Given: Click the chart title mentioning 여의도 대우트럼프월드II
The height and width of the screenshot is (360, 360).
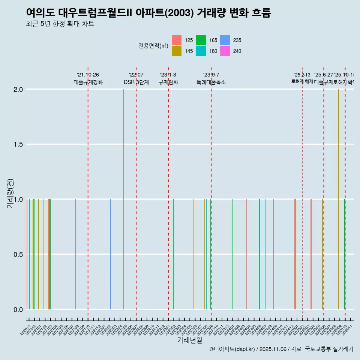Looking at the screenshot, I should tap(148, 13).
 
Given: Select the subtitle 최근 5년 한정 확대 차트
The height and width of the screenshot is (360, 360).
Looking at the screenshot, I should tap(60, 24).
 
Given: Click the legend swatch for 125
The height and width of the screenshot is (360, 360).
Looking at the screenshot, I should tap(177, 40).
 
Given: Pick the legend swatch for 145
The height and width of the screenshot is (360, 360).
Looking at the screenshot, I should tap(177, 51).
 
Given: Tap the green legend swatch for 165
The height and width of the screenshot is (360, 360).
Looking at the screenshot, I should tap(201, 40).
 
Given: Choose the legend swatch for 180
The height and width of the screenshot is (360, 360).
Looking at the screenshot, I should tap(201, 51).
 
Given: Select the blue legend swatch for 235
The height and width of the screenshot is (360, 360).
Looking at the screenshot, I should tap(225, 40).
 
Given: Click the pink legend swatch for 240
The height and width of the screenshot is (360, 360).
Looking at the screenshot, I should tap(225, 51).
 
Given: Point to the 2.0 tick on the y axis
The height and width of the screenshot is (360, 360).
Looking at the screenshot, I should tap(18, 90).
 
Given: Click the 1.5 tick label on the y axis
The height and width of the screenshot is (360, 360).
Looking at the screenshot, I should tap(18, 145).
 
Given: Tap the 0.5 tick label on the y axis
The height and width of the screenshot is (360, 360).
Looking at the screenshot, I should tap(18, 255).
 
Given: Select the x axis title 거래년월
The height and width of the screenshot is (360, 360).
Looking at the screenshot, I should tap(189, 340).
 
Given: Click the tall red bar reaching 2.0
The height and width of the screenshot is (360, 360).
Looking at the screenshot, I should tap(123, 199).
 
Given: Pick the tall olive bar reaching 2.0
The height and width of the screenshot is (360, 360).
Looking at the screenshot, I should tap(339, 199).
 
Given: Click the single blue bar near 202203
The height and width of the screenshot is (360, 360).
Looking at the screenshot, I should tap(111, 254).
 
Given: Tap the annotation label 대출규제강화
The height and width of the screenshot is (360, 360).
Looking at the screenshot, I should tap(88, 82).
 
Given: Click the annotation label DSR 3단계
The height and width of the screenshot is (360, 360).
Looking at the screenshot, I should tap(136, 82).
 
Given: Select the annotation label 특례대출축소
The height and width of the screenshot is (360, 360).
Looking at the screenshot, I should tap(211, 82).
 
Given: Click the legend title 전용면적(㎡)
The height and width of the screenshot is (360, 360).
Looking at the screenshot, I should tap(153, 46).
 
